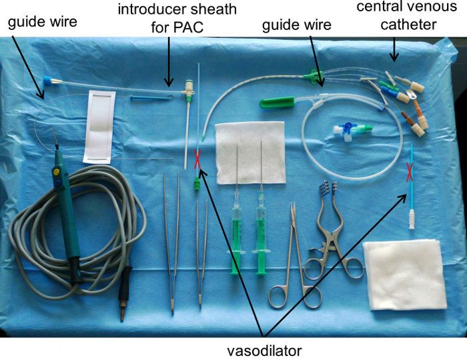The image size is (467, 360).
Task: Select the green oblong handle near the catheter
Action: click(x=277, y=103)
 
